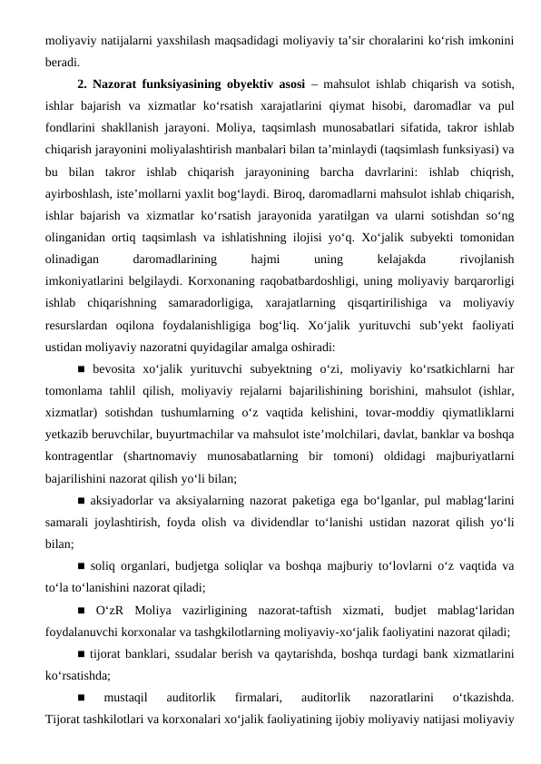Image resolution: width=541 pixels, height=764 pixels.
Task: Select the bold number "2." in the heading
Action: point(85,86)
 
